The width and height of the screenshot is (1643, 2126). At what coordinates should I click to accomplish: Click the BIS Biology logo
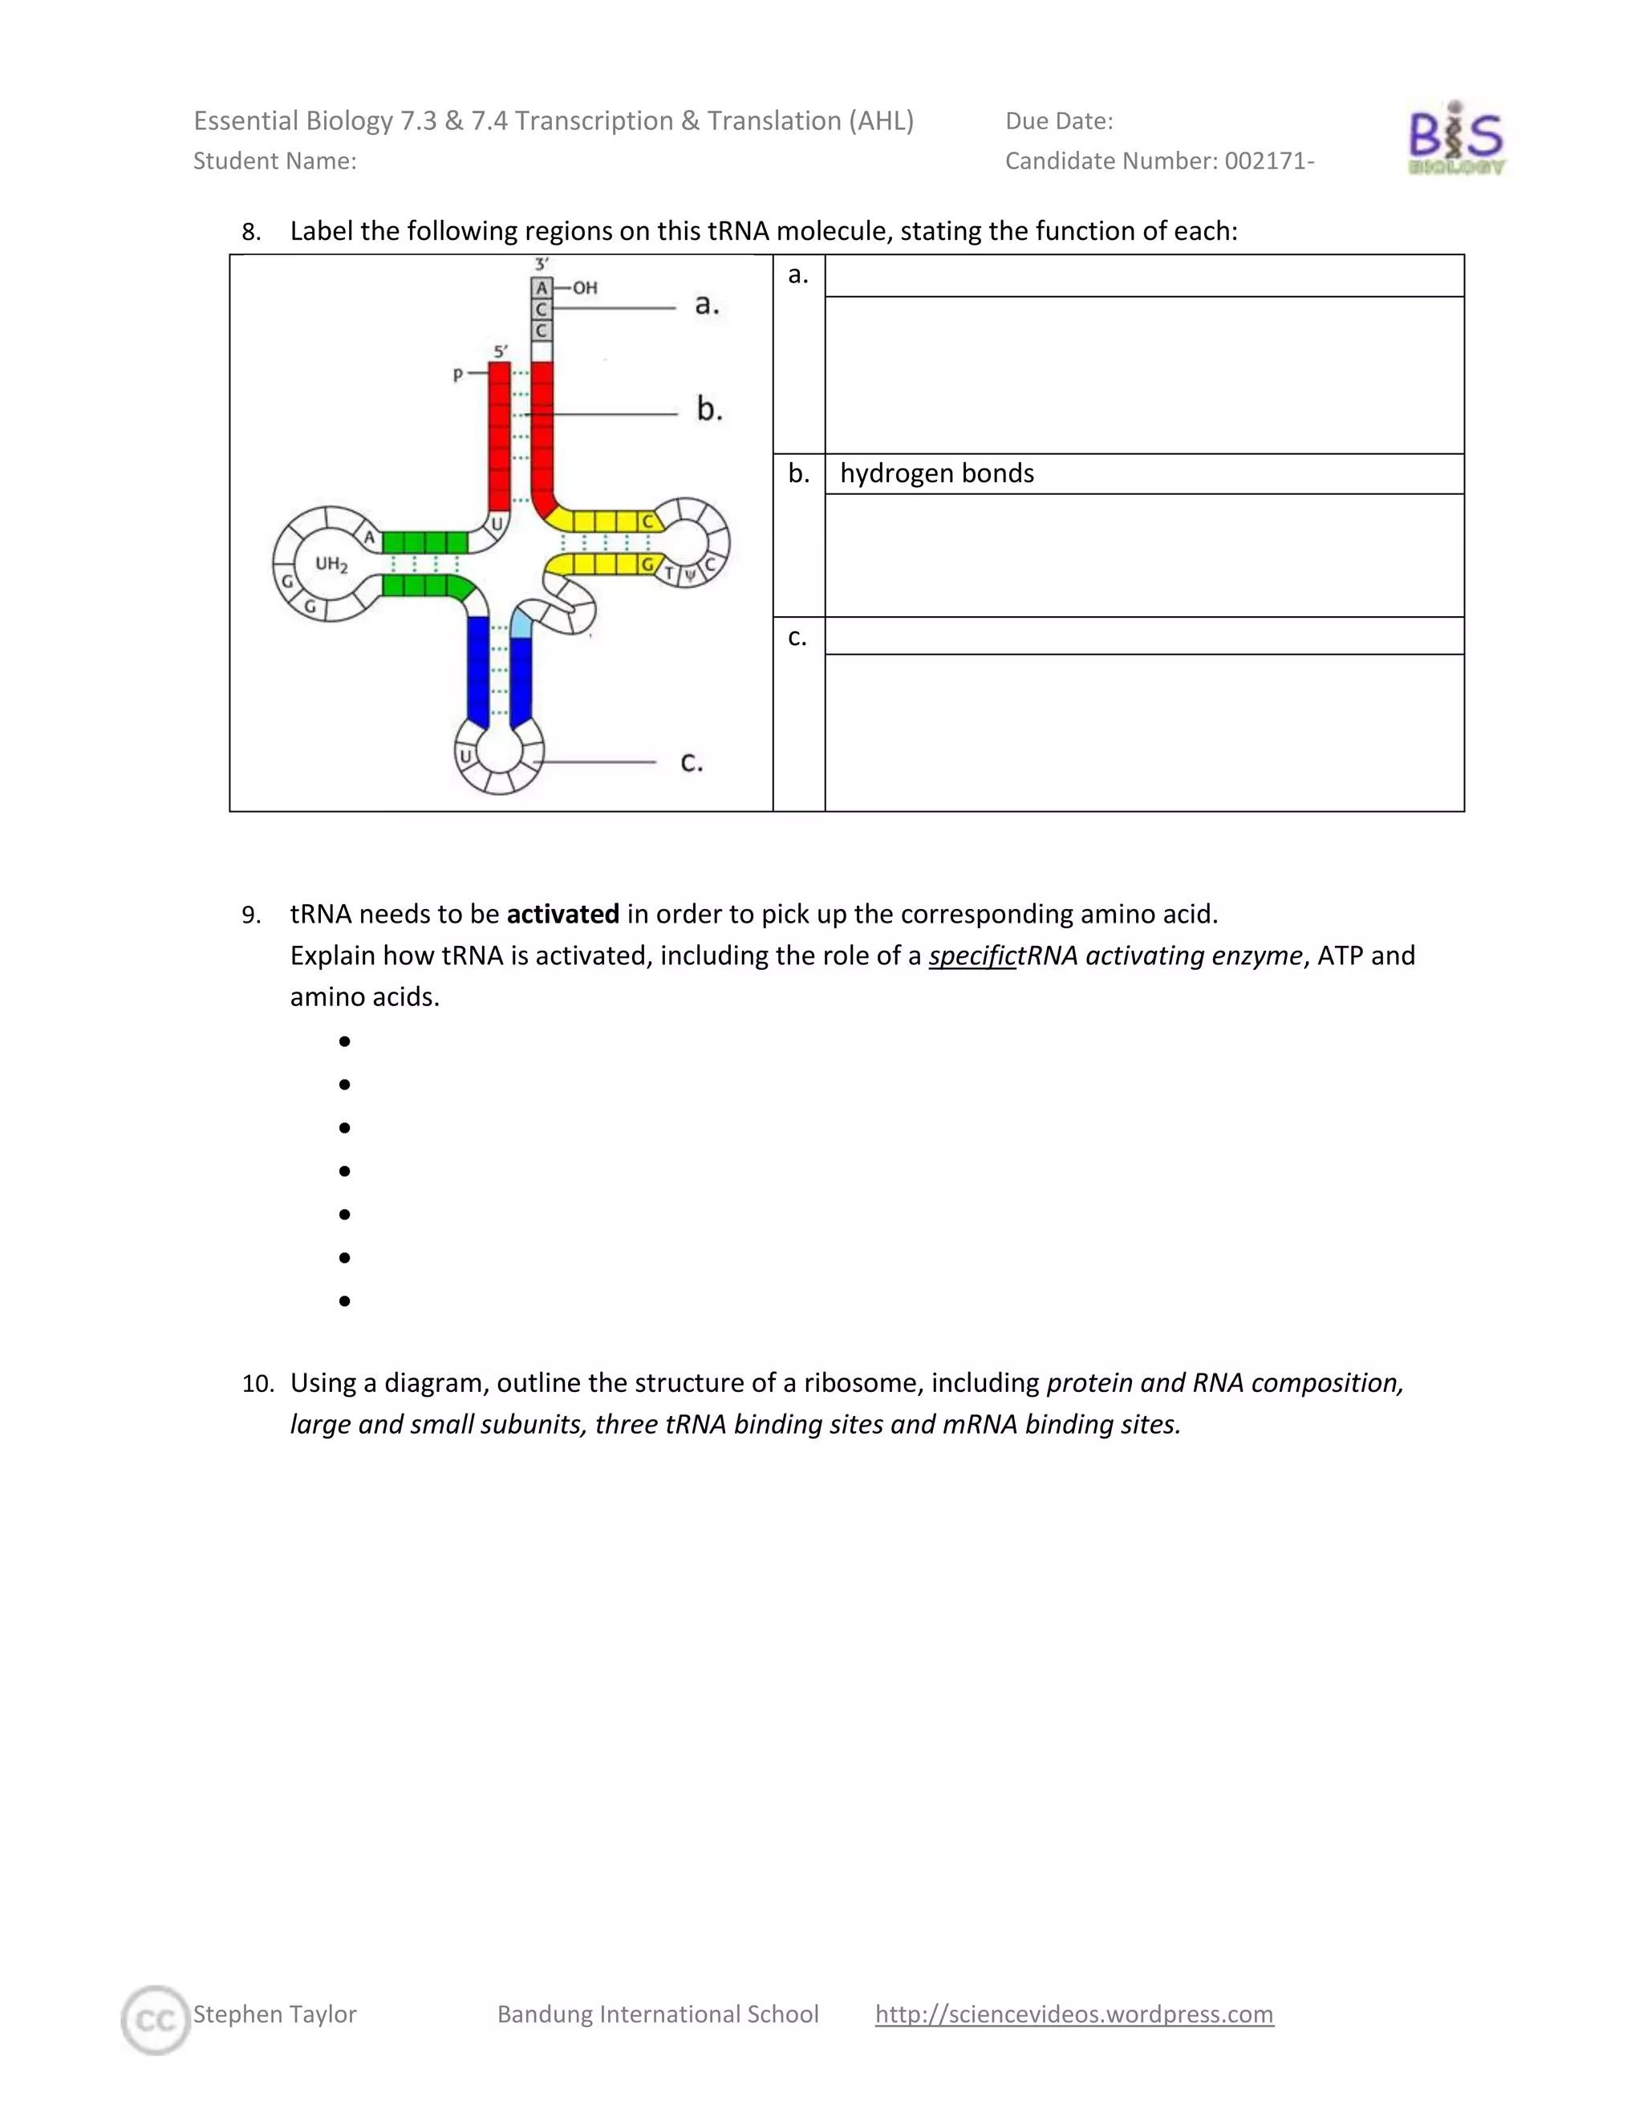tap(1455, 140)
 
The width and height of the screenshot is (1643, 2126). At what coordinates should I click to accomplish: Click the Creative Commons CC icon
tap(156, 2020)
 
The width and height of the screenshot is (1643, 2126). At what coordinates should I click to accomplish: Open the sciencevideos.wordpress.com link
tap(1073, 2013)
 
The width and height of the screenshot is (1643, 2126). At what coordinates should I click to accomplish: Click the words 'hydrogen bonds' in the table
tap(936, 473)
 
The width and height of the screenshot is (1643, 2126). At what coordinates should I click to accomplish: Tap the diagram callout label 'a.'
tap(707, 305)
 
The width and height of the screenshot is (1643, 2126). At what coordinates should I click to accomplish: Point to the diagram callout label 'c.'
tap(691, 761)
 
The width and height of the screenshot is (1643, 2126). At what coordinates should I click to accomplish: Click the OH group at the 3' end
tap(585, 288)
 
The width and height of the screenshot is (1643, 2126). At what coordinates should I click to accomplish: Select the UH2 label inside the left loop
tap(331, 564)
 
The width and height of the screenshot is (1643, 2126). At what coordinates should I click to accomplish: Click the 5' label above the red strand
tap(501, 351)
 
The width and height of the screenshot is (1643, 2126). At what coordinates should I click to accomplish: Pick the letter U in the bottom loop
tap(465, 757)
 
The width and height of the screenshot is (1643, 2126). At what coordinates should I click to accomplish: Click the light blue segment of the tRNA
tap(521, 623)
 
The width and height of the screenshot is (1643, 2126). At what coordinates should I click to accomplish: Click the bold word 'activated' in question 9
tap(562, 914)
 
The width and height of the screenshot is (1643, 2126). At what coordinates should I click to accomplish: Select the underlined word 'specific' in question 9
tap(972, 956)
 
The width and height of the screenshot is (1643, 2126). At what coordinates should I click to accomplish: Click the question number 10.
tap(258, 1383)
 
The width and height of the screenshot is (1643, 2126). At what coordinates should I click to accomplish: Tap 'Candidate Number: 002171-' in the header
tap(1159, 160)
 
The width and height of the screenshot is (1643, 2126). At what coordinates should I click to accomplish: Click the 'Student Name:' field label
tap(274, 160)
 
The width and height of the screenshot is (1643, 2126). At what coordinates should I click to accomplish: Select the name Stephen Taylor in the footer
tap(274, 2013)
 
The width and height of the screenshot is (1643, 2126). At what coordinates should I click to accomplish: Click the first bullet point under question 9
tap(344, 1041)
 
